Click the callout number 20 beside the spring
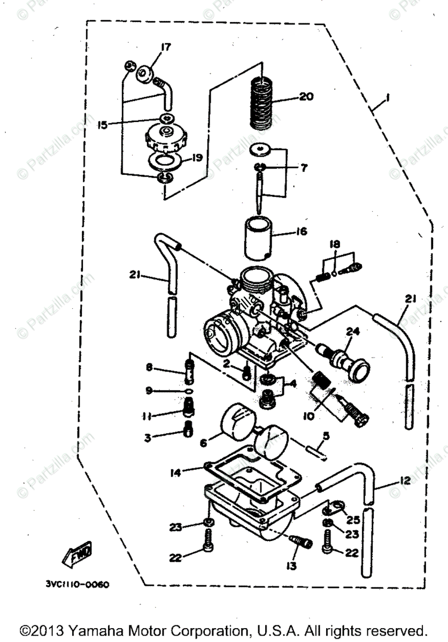307,97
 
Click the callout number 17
165,47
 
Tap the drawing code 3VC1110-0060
78,585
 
